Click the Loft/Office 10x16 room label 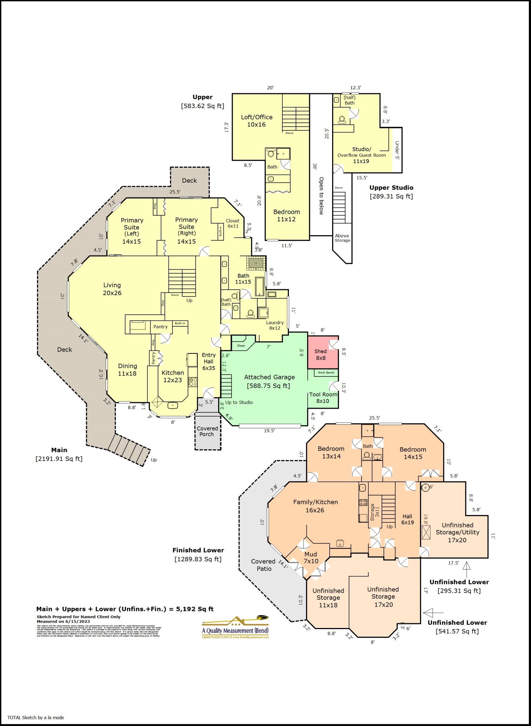(x=257, y=121)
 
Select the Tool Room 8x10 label (x=323, y=397)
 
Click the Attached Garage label (x=269, y=381)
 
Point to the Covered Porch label (x=207, y=431)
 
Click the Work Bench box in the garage (x=326, y=373)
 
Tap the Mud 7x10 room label (x=311, y=558)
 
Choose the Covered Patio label (x=264, y=565)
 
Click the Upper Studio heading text (x=391, y=188)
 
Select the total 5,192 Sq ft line (x=125, y=609)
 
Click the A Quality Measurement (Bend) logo (x=235, y=627)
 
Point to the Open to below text (x=321, y=196)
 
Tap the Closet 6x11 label (x=233, y=223)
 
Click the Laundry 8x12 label (x=275, y=325)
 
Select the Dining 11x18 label (x=127, y=370)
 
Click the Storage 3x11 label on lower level (x=374, y=512)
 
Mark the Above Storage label (x=342, y=238)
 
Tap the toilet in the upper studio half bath (x=342, y=119)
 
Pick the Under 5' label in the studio (x=397, y=150)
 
